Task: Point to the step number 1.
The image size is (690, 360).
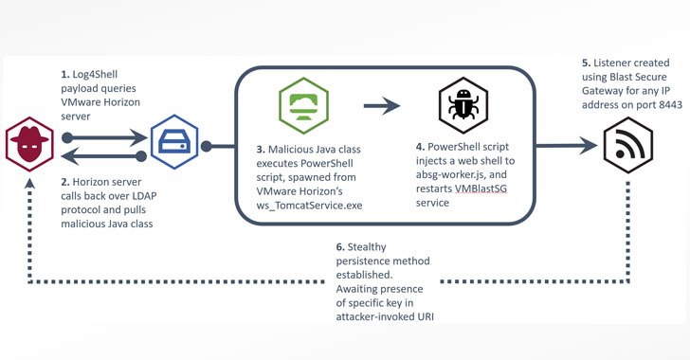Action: (x=63, y=74)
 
